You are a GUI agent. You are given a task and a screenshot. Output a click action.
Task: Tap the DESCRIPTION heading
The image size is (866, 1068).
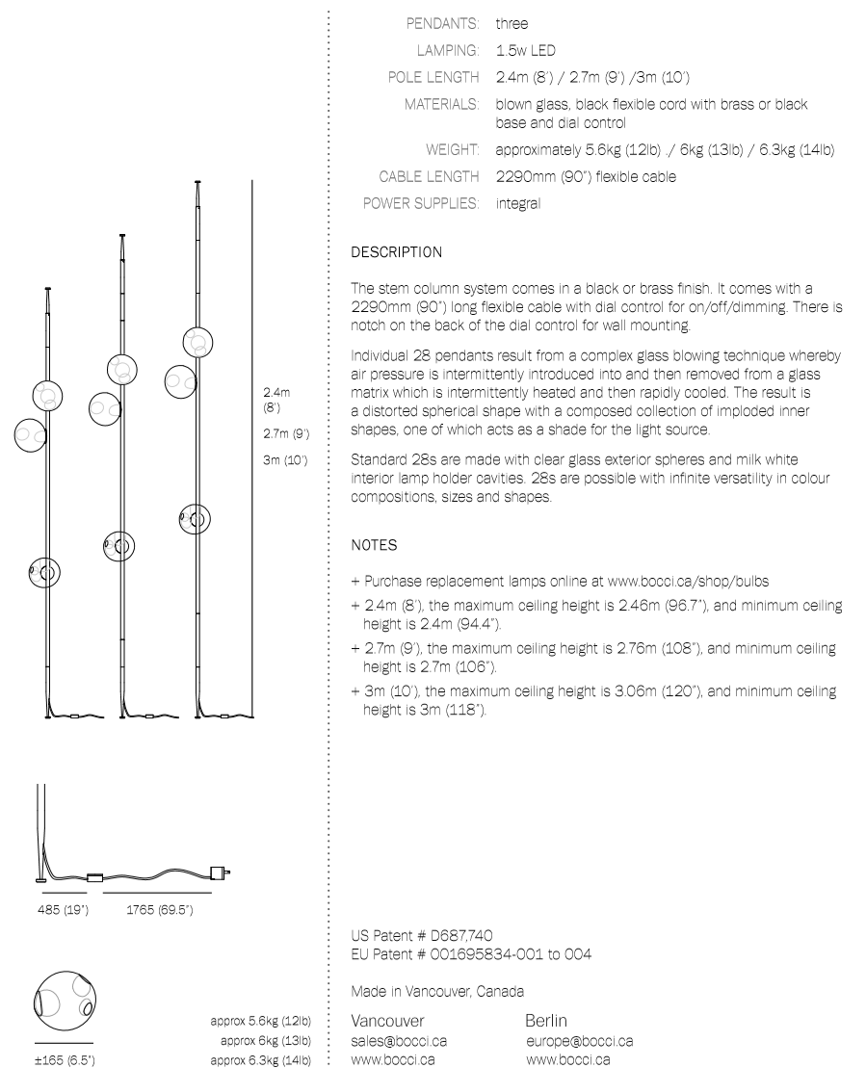point(396,252)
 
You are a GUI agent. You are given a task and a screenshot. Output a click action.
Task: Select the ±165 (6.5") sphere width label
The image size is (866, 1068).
point(64,1060)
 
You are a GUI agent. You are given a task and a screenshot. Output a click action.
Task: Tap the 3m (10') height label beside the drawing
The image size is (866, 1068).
point(285,460)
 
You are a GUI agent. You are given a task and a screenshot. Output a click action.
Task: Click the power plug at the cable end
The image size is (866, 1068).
point(225,873)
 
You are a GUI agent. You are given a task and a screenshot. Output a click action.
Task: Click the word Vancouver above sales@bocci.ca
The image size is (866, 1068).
point(386,1020)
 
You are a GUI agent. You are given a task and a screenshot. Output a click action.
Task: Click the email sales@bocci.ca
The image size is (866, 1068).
point(399,1041)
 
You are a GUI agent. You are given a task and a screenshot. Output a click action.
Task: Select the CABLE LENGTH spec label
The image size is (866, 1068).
point(429,176)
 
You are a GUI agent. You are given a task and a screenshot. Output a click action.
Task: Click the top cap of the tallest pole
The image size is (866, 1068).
point(198,181)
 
